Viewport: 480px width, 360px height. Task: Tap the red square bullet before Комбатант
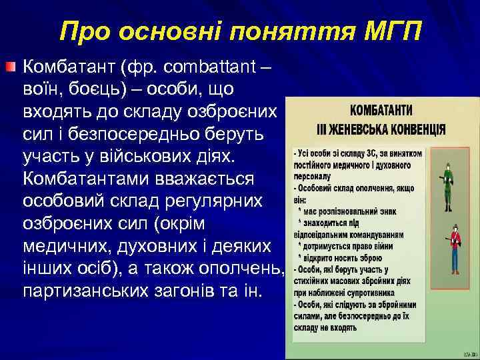9,67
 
